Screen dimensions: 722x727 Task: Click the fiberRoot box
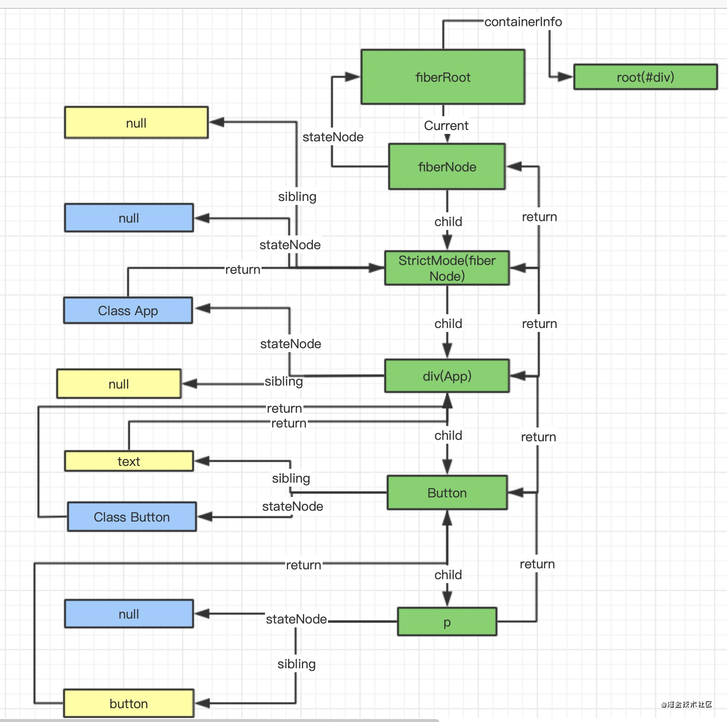pos(443,77)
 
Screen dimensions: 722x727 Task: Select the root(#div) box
pos(645,77)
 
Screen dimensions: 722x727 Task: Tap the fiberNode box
pos(447,167)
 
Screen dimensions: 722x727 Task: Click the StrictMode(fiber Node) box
pos(447,268)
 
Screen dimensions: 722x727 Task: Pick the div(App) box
pos(447,376)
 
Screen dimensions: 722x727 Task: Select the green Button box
pos(447,492)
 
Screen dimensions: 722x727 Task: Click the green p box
pos(447,622)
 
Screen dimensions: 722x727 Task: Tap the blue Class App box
pos(128,311)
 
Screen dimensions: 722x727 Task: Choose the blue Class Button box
pos(132,517)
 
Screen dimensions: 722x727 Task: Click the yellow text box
pos(129,461)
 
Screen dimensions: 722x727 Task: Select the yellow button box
pos(129,704)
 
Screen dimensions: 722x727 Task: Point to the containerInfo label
pos(523,22)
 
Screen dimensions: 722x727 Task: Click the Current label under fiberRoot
pos(446,126)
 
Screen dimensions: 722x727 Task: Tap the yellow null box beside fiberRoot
pos(136,123)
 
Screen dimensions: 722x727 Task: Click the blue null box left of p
pos(129,614)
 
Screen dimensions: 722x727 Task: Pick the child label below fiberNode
pos(448,222)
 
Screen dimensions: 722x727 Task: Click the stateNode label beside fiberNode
pos(333,137)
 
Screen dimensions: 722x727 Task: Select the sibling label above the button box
pos(297,664)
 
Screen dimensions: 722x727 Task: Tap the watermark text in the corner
pos(687,705)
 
